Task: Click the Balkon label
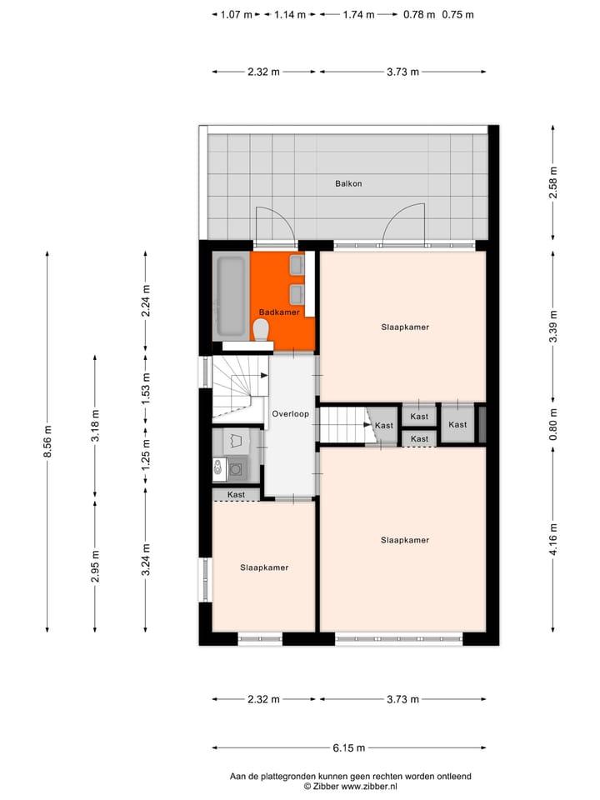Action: click(348, 183)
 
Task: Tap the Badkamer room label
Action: click(279, 312)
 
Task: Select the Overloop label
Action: click(290, 413)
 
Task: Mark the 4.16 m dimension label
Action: click(552, 539)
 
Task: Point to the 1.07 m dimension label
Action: click(237, 14)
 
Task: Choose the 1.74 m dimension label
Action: click(358, 14)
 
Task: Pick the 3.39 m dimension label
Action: click(552, 327)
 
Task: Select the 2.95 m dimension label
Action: click(95, 566)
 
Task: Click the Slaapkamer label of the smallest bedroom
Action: click(264, 567)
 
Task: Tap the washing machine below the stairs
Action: click(237, 470)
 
